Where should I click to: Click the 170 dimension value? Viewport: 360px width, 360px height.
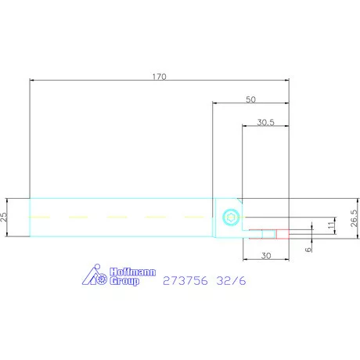(159, 77)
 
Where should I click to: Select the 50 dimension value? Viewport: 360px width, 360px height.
(250, 99)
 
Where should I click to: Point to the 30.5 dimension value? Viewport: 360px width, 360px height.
(266, 122)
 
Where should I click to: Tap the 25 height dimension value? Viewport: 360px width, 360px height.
(4, 217)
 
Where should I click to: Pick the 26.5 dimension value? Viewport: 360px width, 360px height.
(355, 218)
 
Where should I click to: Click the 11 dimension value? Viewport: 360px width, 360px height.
(331, 225)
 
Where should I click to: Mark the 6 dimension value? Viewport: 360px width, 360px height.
(308, 250)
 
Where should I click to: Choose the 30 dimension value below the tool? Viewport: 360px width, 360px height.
(266, 256)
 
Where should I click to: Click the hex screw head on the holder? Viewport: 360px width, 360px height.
(232, 217)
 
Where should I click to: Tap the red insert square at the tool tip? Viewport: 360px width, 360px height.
(283, 234)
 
